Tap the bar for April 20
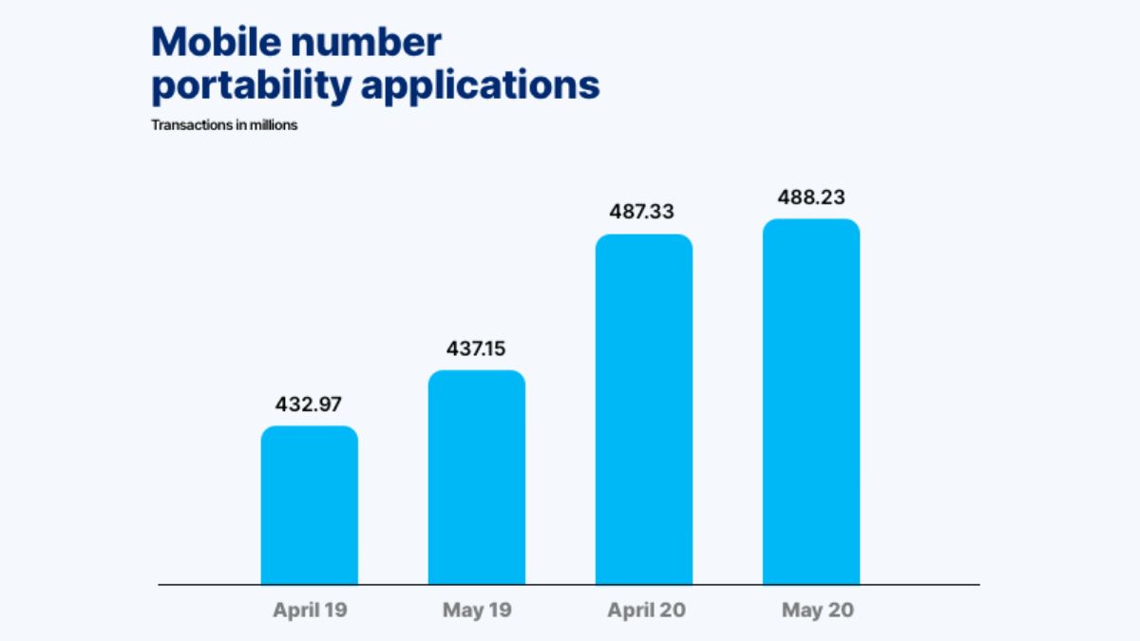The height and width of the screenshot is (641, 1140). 644,409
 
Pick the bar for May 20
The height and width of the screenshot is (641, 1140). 811,403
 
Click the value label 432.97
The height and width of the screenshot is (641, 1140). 310,404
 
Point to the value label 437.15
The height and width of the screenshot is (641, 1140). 477,349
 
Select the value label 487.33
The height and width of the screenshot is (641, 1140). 644,212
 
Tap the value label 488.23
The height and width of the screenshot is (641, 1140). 811,198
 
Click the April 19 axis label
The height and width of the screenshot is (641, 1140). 310,611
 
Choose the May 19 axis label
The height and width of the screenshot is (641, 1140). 477,611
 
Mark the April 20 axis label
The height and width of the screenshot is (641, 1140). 644,611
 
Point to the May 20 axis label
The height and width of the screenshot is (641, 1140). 818,611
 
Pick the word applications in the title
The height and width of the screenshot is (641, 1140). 480,85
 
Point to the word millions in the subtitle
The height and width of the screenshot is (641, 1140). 275,125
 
